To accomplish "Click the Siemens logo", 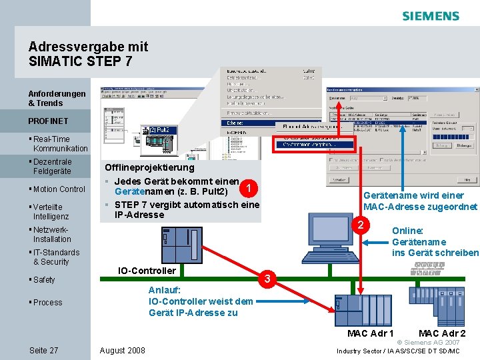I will [431, 16].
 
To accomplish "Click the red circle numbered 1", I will [249, 189].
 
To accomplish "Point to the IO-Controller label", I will [147, 271].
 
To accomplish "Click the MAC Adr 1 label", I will [371, 333].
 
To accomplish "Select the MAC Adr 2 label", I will [442, 333].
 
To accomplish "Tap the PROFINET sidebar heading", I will [48, 121].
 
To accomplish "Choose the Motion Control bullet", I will [59, 189].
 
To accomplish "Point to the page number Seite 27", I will [43, 351].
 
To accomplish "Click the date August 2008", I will [122, 351].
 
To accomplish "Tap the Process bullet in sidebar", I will [47, 303].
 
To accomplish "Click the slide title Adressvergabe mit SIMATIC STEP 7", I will [88, 54].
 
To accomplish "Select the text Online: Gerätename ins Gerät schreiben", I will [435, 242].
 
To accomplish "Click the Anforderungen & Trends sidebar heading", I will [57, 99].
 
